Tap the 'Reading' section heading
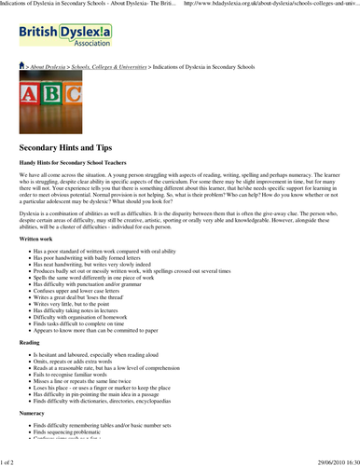point(30,368)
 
